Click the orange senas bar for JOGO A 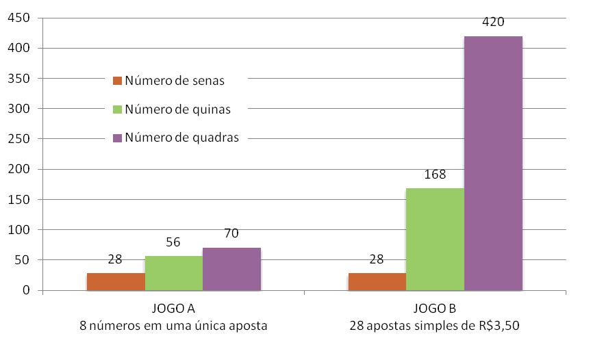(116, 281)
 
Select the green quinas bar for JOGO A (173, 273)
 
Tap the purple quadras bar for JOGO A (231, 269)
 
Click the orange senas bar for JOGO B (377, 281)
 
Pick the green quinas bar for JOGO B (435, 239)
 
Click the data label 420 (493, 22)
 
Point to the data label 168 (435, 175)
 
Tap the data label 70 (231, 234)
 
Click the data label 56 (173, 242)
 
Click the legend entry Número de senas (175, 81)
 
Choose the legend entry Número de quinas (177, 110)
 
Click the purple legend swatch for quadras (117, 138)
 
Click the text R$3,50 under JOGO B (497, 326)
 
